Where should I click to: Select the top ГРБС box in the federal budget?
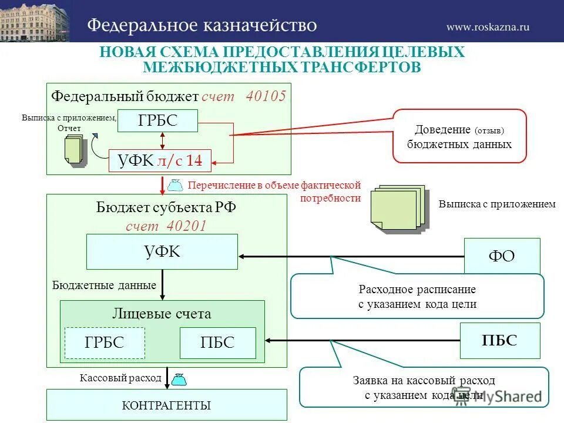tap(157, 122)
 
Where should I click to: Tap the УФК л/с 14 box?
tap(160, 160)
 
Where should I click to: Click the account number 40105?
tap(266, 96)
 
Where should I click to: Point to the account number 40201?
tap(187, 226)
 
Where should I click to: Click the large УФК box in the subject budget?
tap(162, 252)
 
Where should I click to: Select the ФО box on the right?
tap(502, 256)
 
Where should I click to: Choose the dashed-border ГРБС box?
tap(105, 343)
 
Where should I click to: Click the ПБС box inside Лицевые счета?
tap(217, 343)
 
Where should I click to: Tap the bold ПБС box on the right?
tap(499, 340)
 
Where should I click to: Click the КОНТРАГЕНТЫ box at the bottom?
tap(166, 405)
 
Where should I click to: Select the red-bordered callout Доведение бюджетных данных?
tap(459, 136)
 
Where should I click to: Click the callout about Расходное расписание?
tap(417, 297)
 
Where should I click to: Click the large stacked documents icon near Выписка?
tap(398, 210)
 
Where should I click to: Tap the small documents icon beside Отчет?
tap(75, 150)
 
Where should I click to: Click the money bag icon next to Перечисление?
tap(175, 185)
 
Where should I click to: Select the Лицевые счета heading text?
tap(162, 314)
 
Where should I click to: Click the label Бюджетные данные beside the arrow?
tap(104, 286)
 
